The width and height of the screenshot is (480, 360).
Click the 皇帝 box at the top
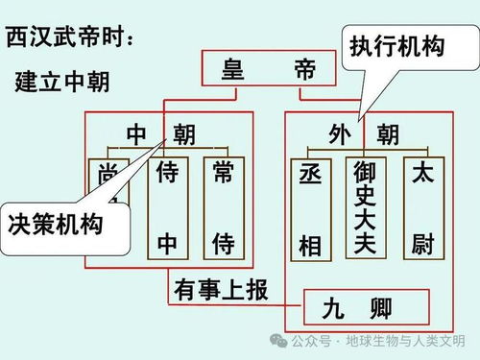tap(270, 69)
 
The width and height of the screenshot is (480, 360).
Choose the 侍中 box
tap(168, 207)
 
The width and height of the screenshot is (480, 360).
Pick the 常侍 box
tap(224, 207)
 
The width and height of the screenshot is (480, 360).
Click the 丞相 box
tap(309, 207)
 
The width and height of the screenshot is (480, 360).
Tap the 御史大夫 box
tap(365, 207)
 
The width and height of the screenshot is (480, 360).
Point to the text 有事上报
tap(221, 287)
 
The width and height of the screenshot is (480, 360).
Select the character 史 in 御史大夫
tap(365, 196)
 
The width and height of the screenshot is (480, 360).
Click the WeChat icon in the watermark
tap(278, 341)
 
